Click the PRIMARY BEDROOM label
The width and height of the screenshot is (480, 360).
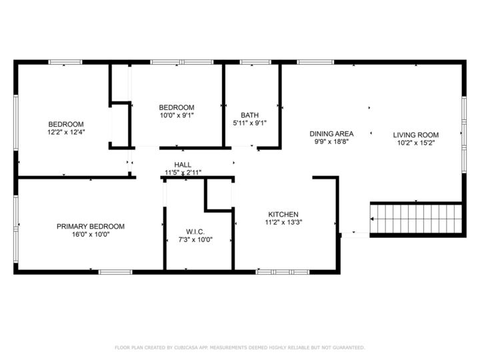coord(90,226)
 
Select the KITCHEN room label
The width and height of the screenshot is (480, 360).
coord(283,215)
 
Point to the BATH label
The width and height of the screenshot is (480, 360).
coord(250,115)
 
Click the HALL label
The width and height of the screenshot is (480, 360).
coord(183,165)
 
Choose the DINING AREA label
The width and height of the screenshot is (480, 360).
coord(331,133)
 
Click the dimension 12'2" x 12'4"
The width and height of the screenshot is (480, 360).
coord(66,132)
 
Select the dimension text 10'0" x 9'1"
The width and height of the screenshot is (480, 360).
coord(176,115)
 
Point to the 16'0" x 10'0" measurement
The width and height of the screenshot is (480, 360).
coord(90,234)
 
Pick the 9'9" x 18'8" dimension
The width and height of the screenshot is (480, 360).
coord(331,141)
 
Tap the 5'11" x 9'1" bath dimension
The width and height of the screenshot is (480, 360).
coord(250,123)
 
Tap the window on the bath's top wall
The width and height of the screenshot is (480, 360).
coord(251,63)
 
